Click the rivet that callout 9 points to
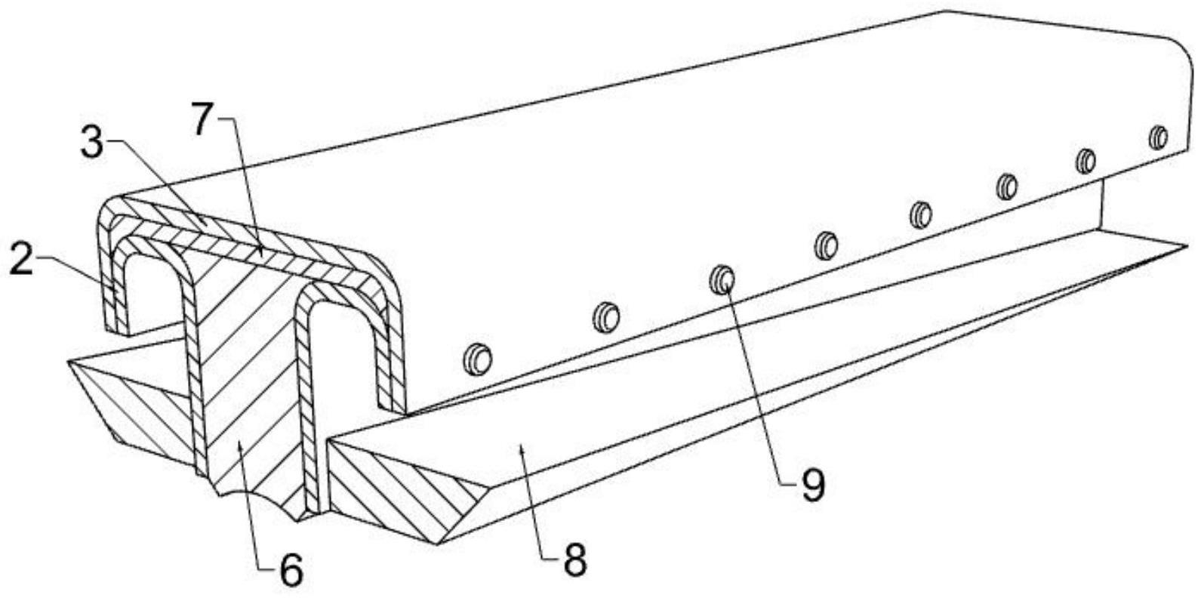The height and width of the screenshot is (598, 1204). [722, 279]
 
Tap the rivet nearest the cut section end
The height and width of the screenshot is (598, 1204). [477, 359]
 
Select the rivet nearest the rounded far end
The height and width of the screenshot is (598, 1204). [1158, 137]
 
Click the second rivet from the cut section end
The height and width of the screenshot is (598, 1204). [605, 316]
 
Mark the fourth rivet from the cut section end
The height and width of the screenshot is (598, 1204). [826, 245]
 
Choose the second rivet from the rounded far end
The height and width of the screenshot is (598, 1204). [1085, 161]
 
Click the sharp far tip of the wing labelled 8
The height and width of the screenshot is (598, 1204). [1186, 245]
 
